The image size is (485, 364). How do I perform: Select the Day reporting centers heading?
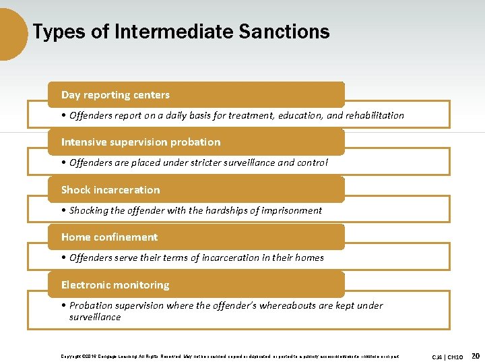pos(115,95)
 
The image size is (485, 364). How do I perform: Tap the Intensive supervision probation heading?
pos(141,142)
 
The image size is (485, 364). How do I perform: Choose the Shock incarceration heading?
pos(110,190)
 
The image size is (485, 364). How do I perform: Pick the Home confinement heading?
pos(109,237)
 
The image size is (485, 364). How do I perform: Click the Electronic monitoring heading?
pos(115,285)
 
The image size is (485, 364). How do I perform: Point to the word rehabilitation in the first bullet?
pos(374,115)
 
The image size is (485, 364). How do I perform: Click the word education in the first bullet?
pos(297,115)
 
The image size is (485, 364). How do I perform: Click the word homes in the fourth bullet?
pos(310,257)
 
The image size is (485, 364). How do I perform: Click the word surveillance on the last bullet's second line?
pos(95,317)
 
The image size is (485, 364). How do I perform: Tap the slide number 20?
pos(476,355)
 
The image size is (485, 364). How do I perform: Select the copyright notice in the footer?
pos(229,356)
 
